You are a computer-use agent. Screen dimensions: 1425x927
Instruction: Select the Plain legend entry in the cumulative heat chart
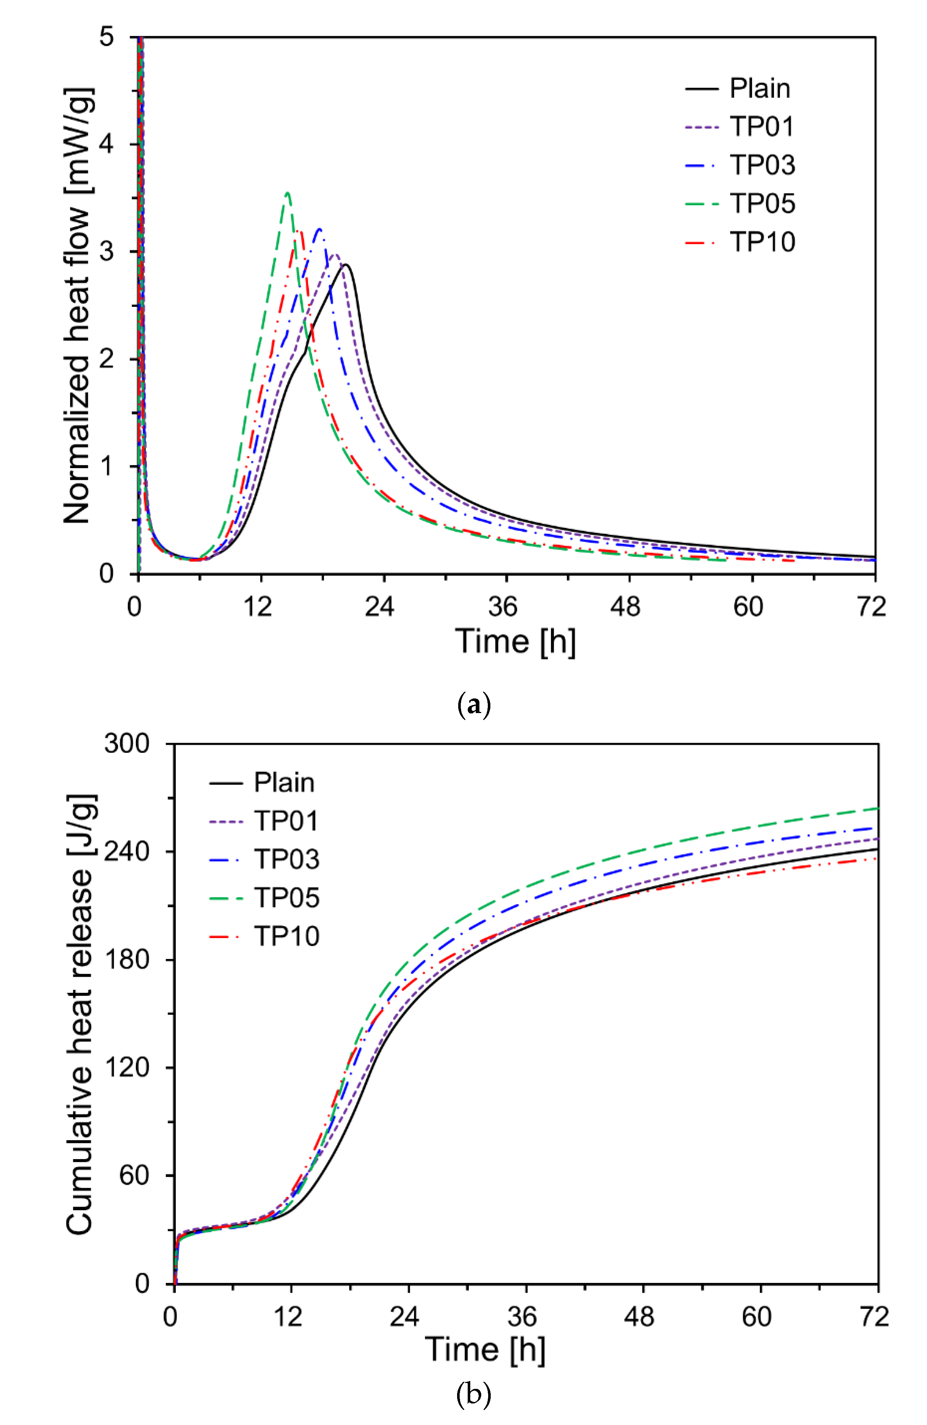coord(284,782)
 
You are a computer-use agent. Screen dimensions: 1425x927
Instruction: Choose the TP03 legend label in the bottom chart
coord(286,859)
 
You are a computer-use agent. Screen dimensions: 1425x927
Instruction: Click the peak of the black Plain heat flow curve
coord(346,264)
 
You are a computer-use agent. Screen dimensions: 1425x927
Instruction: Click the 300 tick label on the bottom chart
coord(126,744)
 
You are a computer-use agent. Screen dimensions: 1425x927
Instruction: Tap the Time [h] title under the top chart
coord(515,641)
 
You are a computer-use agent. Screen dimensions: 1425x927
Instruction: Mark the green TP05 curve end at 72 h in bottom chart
coord(877,809)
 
